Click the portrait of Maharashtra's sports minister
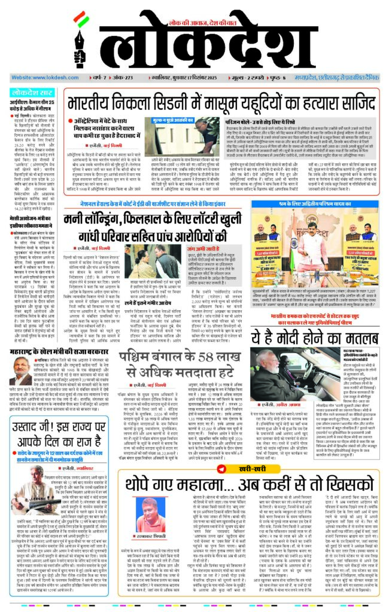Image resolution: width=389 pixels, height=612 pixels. point(19,365)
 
